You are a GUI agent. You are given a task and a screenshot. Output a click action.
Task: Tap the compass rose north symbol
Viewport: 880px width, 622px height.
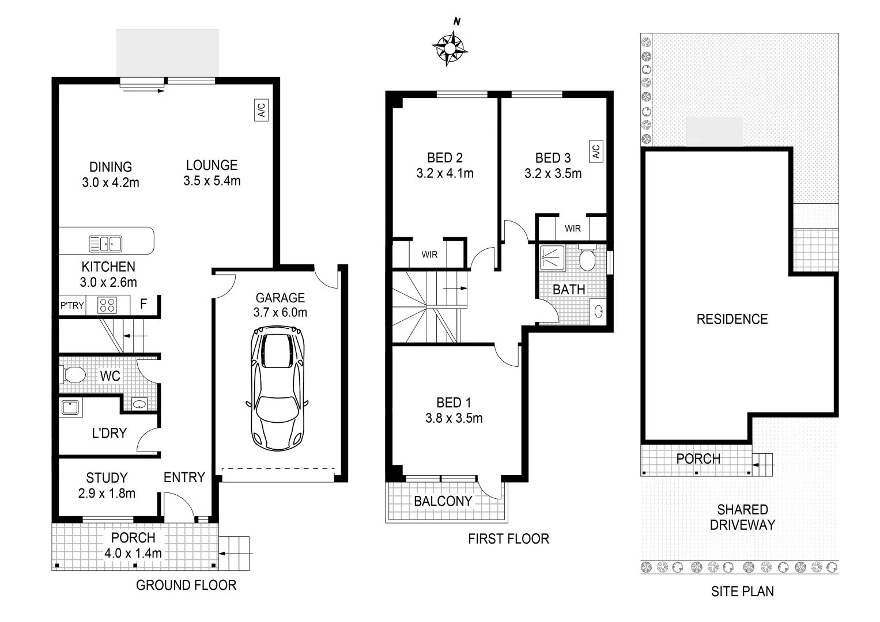[449, 47]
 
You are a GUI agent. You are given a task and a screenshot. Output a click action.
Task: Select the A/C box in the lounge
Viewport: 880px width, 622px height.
[261, 109]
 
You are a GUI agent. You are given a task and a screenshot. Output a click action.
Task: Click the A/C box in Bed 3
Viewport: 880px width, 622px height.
[595, 151]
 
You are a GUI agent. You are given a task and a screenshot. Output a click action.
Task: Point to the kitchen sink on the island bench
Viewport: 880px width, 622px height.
[105, 244]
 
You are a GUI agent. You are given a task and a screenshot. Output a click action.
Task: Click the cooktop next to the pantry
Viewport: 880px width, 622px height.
[107, 305]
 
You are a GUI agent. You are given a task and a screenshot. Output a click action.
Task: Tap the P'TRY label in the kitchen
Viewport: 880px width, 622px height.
[72, 305]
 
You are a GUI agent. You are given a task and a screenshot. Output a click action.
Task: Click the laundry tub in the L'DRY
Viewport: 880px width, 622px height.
[71, 408]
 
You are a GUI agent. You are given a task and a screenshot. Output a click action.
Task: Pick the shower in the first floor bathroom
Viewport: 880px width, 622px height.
[552, 257]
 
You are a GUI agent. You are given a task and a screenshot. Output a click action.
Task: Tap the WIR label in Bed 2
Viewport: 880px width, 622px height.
[429, 255]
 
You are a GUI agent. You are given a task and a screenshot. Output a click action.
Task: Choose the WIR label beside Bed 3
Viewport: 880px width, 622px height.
[573, 229]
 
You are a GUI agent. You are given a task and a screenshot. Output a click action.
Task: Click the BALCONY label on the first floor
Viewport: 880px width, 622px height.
[443, 501]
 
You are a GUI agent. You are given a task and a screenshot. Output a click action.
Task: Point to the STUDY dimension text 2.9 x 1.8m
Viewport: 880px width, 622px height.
[107, 493]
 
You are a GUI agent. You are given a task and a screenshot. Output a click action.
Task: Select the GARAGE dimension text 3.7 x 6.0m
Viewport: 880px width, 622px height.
[280, 313]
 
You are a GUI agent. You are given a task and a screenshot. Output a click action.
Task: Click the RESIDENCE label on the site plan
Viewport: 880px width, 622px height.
[732, 319]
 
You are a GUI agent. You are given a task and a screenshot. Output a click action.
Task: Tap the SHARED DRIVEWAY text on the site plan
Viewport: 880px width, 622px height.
[742, 517]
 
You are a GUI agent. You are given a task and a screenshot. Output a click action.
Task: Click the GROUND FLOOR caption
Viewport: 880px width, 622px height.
[186, 585]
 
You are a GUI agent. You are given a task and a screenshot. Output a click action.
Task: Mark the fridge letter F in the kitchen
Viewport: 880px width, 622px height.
[143, 304]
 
